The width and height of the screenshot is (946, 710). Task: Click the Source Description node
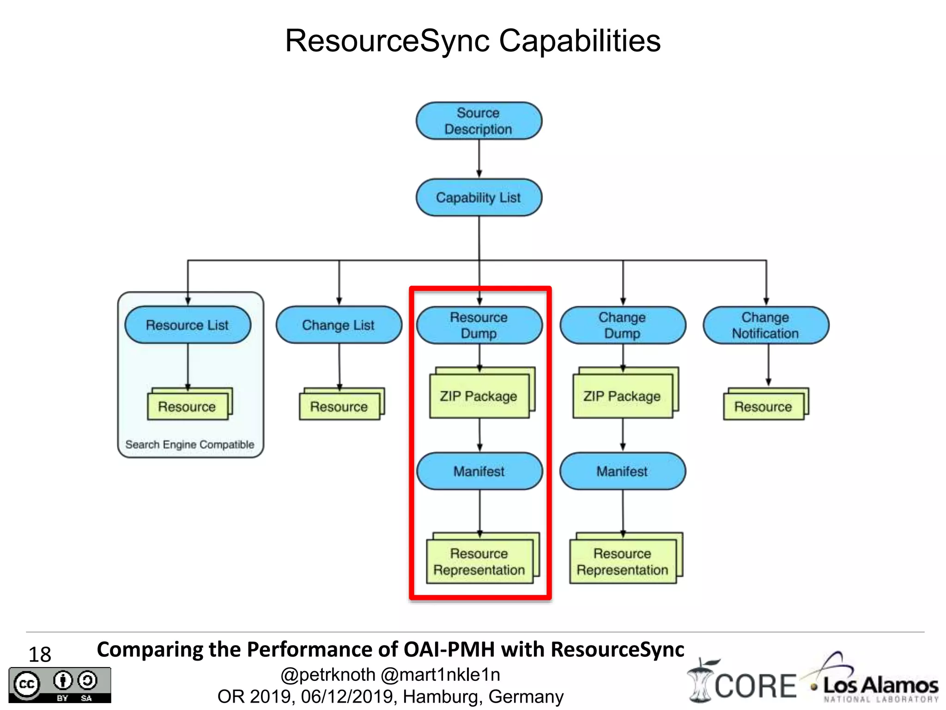coord(479,121)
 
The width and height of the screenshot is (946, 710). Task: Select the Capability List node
coord(479,197)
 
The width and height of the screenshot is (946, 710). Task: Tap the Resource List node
coord(188,324)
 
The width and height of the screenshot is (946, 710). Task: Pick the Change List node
coord(339,324)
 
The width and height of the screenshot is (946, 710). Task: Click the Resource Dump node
coord(479,325)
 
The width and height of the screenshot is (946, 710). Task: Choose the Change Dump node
coord(622,325)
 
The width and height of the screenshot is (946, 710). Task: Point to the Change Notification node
coord(765,325)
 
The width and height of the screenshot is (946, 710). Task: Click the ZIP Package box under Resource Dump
coord(479,396)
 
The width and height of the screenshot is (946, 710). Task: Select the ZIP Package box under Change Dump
coord(622,396)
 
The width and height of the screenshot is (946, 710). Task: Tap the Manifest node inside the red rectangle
coord(479,471)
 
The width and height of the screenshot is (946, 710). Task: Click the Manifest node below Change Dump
coord(622,471)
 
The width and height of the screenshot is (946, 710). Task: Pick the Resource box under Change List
coord(339,406)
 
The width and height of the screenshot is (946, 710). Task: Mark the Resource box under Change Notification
coord(764,406)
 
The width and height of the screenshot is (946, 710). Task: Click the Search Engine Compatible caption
coord(190,444)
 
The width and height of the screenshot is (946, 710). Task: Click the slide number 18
coord(40,655)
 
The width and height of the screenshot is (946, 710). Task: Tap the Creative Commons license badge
coord(60,685)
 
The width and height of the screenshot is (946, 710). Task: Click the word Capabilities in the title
coord(580,41)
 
